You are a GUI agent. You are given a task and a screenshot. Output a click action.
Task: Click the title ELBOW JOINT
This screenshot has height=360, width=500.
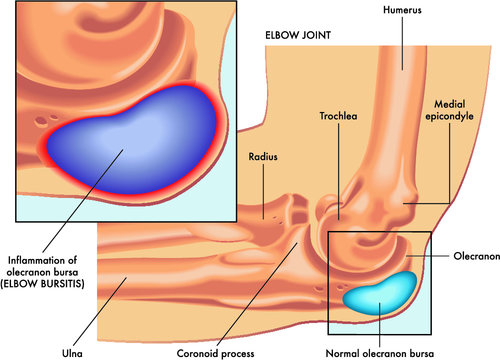(298, 34)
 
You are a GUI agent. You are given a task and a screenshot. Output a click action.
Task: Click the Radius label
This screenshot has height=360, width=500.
(263, 156)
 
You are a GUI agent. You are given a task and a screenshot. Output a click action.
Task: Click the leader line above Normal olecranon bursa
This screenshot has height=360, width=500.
(380, 320)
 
